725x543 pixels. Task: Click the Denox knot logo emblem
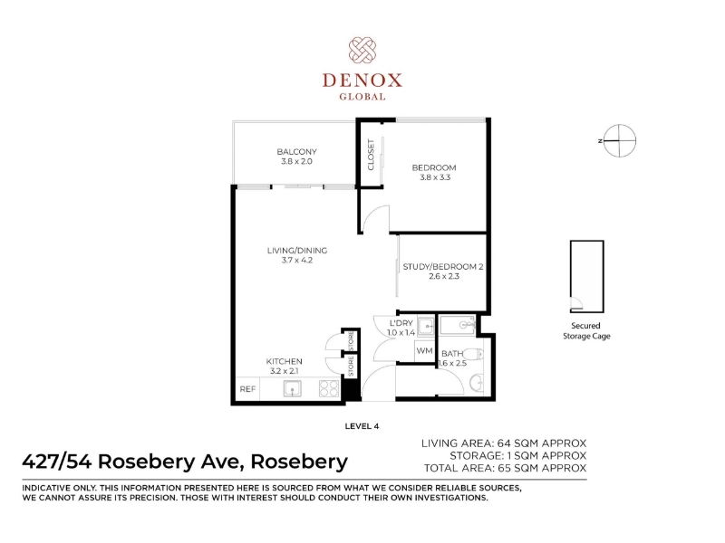362,51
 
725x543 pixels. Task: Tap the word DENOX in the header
362,81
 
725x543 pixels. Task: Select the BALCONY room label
297,151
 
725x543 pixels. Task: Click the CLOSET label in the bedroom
371,155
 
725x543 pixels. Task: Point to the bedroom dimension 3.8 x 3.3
435,177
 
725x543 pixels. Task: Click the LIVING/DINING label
297,251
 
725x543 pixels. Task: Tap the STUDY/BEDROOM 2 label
443,266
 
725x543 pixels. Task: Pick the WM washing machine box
424,351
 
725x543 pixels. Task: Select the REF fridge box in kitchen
247,389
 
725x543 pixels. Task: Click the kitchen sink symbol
292,389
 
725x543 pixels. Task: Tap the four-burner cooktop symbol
329,388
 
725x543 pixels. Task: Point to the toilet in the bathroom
472,354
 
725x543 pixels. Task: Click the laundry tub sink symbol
425,327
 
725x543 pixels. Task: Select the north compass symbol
619,140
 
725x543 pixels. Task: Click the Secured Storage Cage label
586,330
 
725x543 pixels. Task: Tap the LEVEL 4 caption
362,426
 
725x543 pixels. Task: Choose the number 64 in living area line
504,443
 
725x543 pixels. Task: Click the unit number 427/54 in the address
58,462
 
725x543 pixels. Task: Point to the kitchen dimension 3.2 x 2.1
285,371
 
